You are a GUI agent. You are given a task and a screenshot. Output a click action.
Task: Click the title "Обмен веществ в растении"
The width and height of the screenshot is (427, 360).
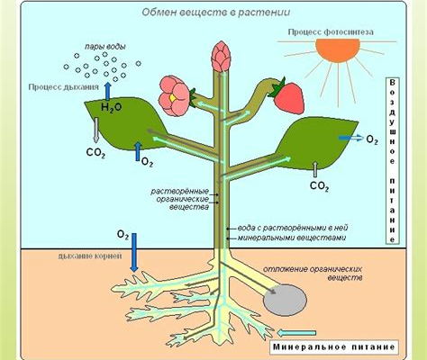[x=216, y=13]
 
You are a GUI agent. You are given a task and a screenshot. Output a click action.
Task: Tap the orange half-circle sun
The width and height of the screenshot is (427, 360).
[x=338, y=50]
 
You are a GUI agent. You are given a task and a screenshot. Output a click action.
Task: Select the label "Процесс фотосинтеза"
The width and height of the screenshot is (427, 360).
[x=331, y=32]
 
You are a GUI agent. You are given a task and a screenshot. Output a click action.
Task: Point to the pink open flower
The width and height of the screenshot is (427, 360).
[x=174, y=95]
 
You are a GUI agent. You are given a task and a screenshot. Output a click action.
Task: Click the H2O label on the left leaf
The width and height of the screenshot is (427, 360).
[x=111, y=107]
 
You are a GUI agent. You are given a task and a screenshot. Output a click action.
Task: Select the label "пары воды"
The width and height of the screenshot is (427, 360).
[x=104, y=47]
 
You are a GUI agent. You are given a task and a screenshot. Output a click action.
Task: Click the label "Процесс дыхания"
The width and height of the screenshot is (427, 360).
[x=63, y=87]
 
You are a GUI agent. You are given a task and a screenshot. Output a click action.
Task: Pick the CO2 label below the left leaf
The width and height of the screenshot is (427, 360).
[x=95, y=153]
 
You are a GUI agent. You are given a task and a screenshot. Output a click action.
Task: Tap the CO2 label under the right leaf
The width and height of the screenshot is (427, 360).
[x=319, y=186]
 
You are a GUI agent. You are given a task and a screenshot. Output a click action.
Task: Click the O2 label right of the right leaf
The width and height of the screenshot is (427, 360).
[x=372, y=139]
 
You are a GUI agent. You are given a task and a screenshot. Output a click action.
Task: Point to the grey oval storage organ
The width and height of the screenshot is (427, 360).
[x=285, y=300]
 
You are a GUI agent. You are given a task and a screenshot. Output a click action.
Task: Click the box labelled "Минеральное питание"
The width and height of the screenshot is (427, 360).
[x=334, y=347]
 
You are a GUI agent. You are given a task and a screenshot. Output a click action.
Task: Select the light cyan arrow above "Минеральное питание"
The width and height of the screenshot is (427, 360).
[x=296, y=333]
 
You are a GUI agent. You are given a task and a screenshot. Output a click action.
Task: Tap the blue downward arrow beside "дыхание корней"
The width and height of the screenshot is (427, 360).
[x=134, y=253]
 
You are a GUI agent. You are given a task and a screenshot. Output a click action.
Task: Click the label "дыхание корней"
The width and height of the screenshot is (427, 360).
[x=90, y=256]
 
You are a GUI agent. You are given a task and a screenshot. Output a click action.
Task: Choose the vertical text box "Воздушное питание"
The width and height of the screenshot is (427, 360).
[x=393, y=161]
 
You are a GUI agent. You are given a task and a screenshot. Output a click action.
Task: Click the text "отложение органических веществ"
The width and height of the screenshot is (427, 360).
[x=313, y=273]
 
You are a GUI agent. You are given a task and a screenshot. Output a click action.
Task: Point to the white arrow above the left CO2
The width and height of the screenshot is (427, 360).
[x=96, y=130]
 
